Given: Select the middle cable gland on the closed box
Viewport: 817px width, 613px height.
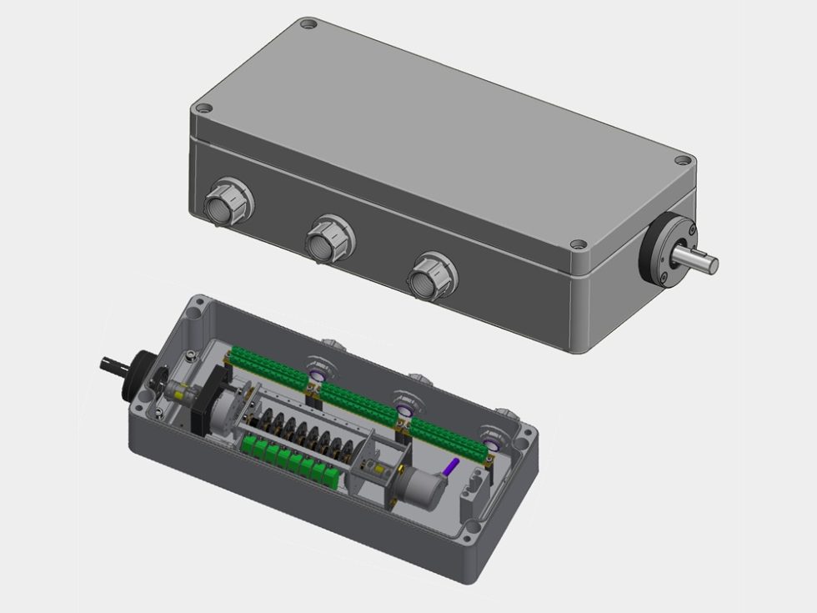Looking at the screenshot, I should click(x=329, y=238).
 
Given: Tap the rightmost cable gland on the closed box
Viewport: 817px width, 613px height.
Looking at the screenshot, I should click(x=432, y=272).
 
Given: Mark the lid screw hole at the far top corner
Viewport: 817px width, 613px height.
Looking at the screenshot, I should click(x=308, y=25).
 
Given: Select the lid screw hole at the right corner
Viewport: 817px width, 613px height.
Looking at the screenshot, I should click(x=683, y=159).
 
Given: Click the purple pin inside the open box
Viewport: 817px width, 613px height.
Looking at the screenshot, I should click(x=452, y=469).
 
